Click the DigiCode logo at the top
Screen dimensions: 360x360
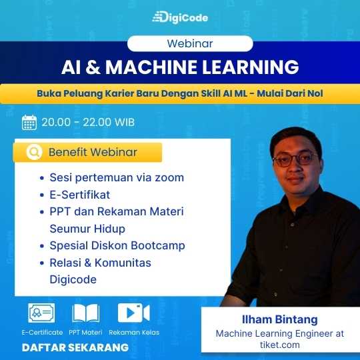pyautogui.click(x=180, y=17)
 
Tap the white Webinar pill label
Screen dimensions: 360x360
pyautogui.click(x=190, y=43)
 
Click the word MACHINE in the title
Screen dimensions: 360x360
pyautogui.click(x=151, y=67)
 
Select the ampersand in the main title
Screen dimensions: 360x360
pyautogui.click(x=93, y=67)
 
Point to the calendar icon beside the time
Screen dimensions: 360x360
pyautogui.click(x=29, y=123)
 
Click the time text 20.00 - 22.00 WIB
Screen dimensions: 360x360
pyautogui.click(x=88, y=122)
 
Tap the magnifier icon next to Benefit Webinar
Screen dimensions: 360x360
pyautogui.click(x=34, y=152)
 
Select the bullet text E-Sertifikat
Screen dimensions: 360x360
pyautogui.click(x=80, y=195)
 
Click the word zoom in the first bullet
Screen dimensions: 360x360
pyautogui.click(x=169, y=178)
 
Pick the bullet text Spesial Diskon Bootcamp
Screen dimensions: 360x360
pyautogui.click(x=117, y=245)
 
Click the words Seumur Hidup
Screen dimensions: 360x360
pyautogui.click(x=87, y=229)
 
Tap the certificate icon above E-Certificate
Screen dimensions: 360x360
pyautogui.click(x=41, y=313)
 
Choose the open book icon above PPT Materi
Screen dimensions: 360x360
pyautogui.click(x=86, y=313)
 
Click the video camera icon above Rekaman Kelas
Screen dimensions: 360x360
pyautogui.click(x=133, y=313)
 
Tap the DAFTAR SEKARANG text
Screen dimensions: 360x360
pyautogui.click(x=75, y=347)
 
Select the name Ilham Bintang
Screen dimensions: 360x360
pyautogui.click(x=279, y=319)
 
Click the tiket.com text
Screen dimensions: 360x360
pyautogui.click(x=279, y=345)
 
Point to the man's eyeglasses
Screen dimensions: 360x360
pyautogui.click(x=295, y=159)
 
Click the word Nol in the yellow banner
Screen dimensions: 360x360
pyautogui.click(x=315, y=93)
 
